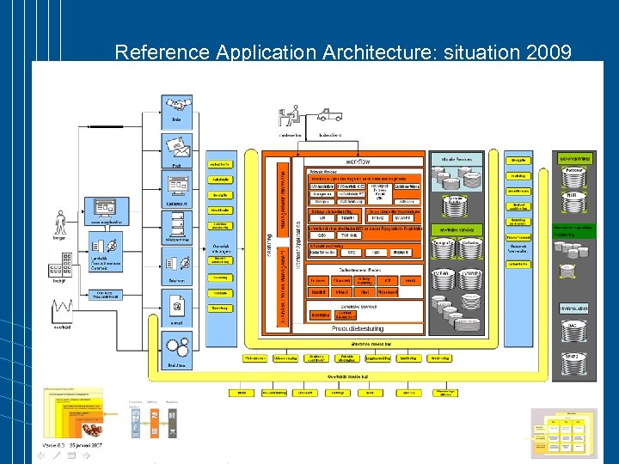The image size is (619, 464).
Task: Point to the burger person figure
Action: [x=59, y=223]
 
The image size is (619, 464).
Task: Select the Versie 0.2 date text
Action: [x=73, y=445]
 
